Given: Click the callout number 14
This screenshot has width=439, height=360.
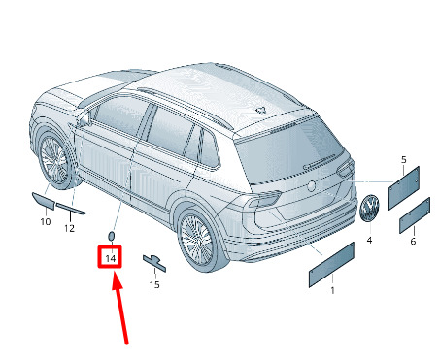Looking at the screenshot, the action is [x=110, y=258].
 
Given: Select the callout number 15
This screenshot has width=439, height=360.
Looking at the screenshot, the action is [x=154, y=284].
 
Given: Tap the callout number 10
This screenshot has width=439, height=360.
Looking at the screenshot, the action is [x=46, y=222].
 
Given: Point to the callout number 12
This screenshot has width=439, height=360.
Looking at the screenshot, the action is [x=69, y=228].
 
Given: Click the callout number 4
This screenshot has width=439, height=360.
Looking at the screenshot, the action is [x=369, y=240].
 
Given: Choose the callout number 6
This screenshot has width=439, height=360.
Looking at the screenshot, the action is [x=413, y=242].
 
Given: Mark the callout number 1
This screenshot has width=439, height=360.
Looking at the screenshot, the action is [x=332, y=291].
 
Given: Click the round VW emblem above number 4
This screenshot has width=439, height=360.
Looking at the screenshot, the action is [x=369, y=209].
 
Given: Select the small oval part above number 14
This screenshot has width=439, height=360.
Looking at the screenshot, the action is [x=111, y=236].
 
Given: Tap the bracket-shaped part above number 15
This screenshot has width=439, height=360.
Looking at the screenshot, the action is [x=154, y=262].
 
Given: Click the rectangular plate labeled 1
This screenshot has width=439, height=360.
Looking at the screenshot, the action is [x=331, y=265].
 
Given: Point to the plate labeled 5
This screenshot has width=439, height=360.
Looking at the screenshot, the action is [x=404, y=188].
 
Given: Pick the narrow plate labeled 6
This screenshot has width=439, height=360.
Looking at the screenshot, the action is [x=415, y=215].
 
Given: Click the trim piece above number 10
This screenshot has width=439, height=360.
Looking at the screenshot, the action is [x=43, y=201].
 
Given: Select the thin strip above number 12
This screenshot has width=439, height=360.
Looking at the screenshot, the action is [x=71, y=209].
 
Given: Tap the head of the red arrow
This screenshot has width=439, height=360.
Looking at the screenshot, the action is [x=116, y=280].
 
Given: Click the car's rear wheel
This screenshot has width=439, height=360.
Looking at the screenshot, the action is [x=197, y=240].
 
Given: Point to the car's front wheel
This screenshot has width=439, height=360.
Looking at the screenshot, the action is [x=53, y=160].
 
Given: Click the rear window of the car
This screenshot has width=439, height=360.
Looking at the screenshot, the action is [x=288, y=149].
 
